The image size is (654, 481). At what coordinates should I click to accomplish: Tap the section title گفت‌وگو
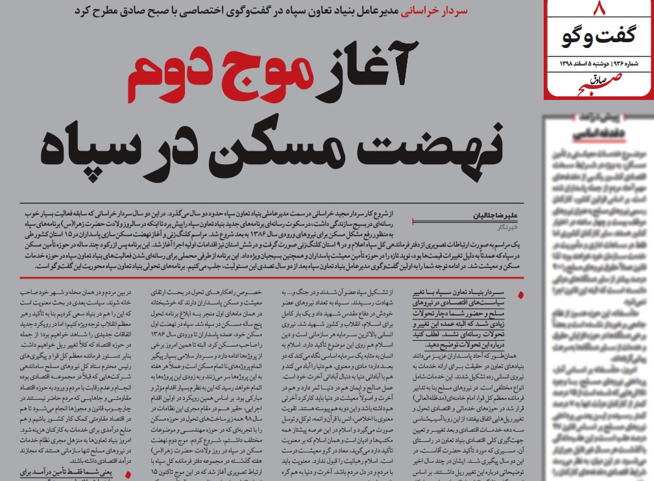(x=598, y=38)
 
